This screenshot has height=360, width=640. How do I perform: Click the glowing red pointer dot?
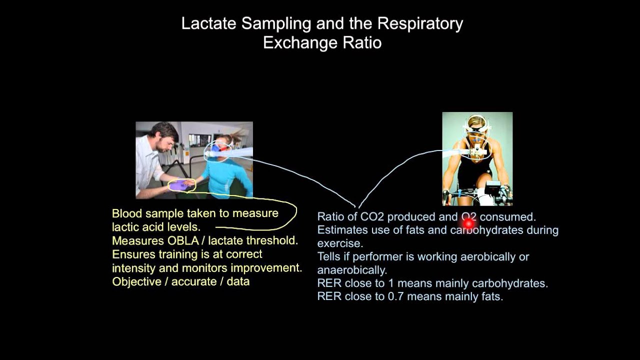[x=468, y=223]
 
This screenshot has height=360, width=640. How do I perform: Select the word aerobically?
[x=498, y=257]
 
